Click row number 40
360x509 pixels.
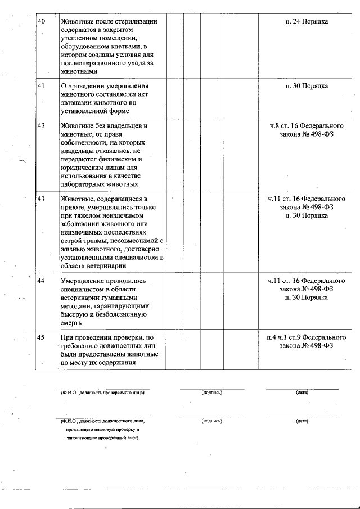pos(40,21)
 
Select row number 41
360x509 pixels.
pos(40,86)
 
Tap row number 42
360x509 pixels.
pos(40,125)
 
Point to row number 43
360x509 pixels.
pos(40,199)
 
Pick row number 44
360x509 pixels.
pos(40,280)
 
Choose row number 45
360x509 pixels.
pos(40,337)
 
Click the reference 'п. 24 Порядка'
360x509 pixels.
pos(307,21)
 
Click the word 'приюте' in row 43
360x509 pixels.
pos(71,207)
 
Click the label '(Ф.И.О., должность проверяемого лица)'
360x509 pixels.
pos(102,393)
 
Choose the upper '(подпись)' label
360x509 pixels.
pos(212,393)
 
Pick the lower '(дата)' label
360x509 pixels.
pos(301,421)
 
